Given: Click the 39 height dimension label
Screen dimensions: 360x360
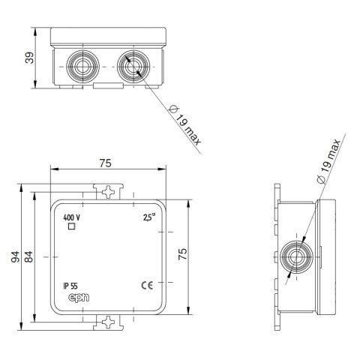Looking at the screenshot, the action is (x=29, y=58).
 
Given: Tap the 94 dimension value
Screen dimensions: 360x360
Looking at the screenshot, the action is (x=15, y=256).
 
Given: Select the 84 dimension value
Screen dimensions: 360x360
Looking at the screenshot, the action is (x=28, y=256).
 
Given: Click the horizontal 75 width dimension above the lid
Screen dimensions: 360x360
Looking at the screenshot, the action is (x=105, y=163).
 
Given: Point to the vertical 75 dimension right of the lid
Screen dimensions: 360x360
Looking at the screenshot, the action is (x=183, y=254).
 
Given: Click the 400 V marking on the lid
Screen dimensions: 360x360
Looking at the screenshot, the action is (x=71, y=217).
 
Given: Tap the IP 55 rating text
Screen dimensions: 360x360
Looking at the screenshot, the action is (x=70, y=286).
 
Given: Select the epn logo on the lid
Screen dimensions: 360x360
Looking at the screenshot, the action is (x=79, y=298).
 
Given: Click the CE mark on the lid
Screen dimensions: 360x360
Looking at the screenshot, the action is (x=147, y=286).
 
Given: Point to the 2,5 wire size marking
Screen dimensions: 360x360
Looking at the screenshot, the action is (x=149, y=217).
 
